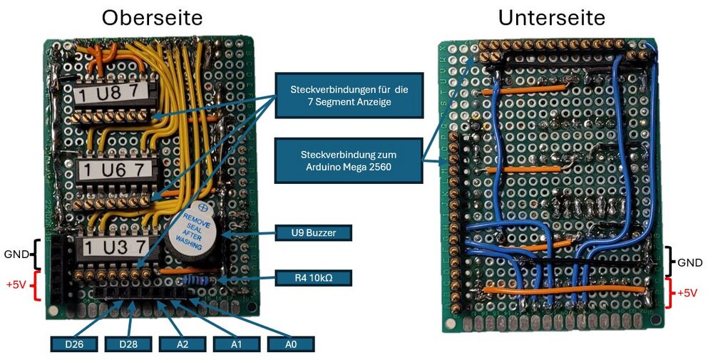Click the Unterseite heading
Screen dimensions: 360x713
(551, 18)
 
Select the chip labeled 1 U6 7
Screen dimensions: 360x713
(115, 170)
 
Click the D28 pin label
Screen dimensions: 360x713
(128, 344)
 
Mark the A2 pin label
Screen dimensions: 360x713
(183, 344)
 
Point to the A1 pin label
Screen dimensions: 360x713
(236, 344)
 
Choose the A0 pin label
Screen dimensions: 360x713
(290, 344)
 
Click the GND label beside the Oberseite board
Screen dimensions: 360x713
(16, 253)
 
